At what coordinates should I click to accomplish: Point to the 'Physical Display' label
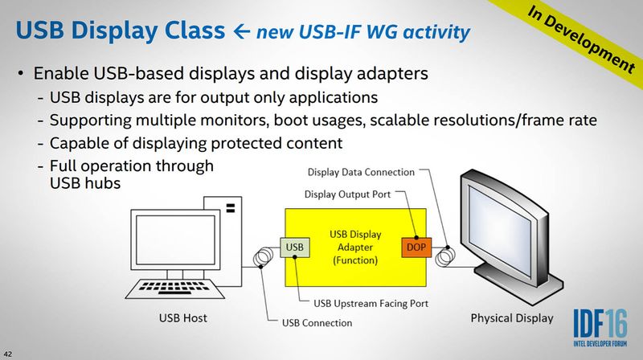[x=512, y=317]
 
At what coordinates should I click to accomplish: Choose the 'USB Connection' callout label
[x=317, y=323]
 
